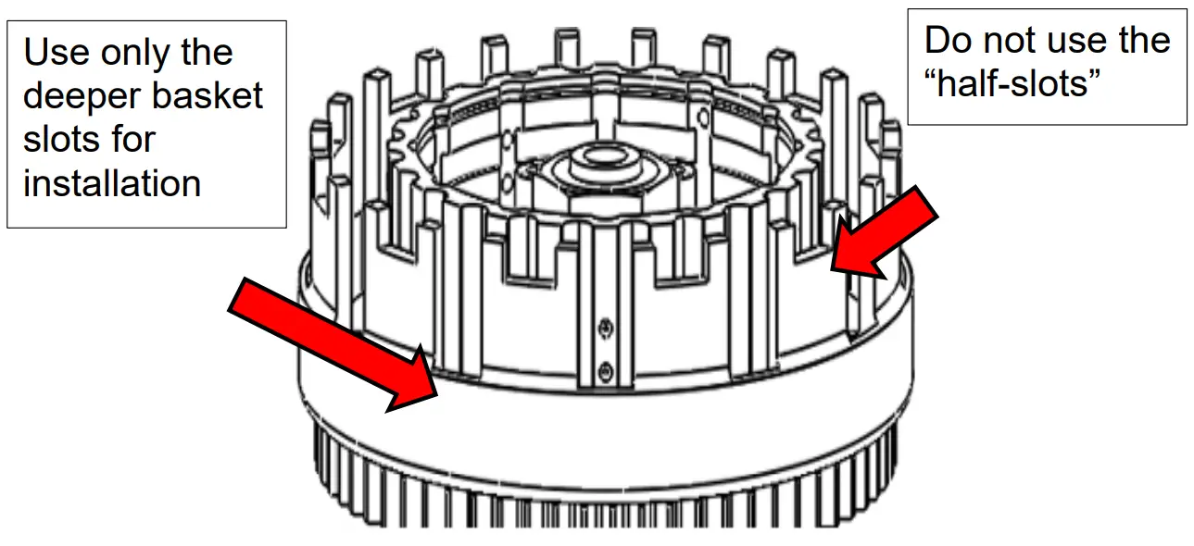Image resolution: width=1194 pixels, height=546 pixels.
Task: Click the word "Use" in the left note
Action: [52, 53]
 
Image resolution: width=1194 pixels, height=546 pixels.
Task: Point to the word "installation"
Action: [112, 182]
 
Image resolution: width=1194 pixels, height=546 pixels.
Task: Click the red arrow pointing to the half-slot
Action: [885, 231]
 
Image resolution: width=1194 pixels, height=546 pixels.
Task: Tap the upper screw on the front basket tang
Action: [604, 326]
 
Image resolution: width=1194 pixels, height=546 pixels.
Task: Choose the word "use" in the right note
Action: [1080, 40]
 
